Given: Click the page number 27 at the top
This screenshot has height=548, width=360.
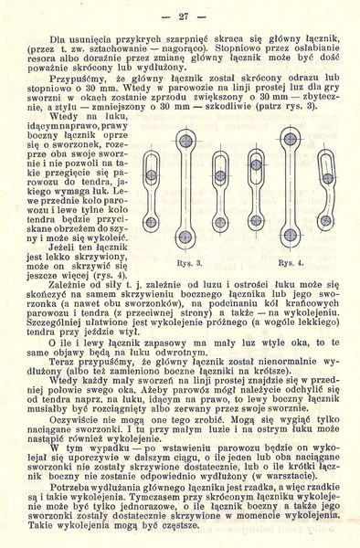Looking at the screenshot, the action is tap(183, 16).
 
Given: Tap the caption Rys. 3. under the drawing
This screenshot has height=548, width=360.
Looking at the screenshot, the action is tap(187, 262).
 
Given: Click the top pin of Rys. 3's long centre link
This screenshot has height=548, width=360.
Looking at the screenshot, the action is tap(186, 139).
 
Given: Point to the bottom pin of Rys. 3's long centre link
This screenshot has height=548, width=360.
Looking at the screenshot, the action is tap(186, 237).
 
